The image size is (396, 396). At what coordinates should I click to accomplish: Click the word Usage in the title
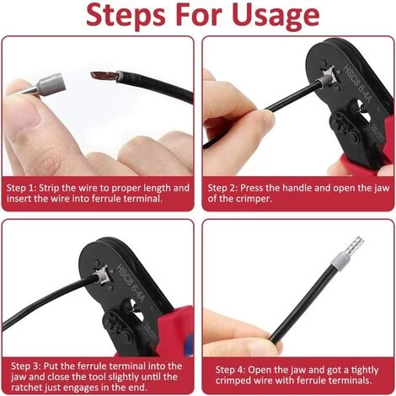(x=276, y=16)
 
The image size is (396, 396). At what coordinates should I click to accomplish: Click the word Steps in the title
(x=126, y=16)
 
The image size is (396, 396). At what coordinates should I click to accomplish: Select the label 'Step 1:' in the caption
(x=21, y=188)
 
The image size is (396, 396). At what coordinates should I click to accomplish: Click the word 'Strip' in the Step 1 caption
(x=48, y=188)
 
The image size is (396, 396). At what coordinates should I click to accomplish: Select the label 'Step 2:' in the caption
(x=222, y=188)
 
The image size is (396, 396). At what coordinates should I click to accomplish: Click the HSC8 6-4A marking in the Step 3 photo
(x=131, y=284)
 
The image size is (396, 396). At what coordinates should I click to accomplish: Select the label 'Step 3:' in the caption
(x=26, y=367)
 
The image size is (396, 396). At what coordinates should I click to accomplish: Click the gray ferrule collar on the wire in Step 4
(x=339, y=260)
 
